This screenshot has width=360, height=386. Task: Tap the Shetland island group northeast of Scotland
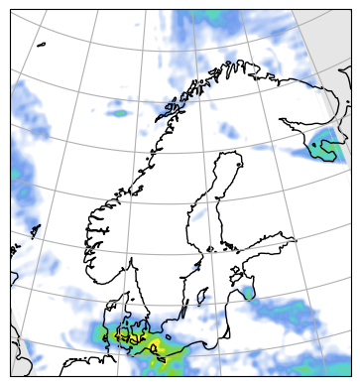click(x=37, y=232)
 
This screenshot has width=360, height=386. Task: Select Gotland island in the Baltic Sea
click(x=205, y=295)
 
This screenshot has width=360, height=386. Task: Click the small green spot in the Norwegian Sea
click(x=120, y=113)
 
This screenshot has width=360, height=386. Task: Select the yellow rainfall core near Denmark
click(x=156, y=346)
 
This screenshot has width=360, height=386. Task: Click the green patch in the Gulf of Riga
click(x=246, y=293)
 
